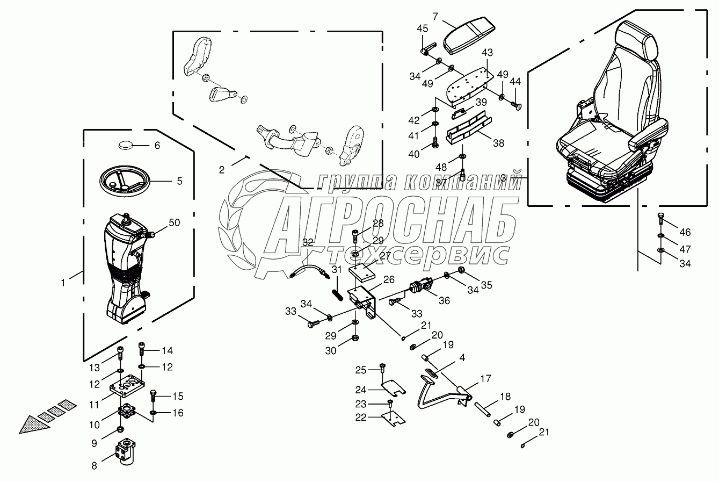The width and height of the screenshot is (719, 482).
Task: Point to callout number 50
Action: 175,222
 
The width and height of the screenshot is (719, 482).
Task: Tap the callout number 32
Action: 308,242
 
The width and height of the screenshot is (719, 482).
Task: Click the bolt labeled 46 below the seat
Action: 661,218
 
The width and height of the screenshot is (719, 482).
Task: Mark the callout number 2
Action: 221,170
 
